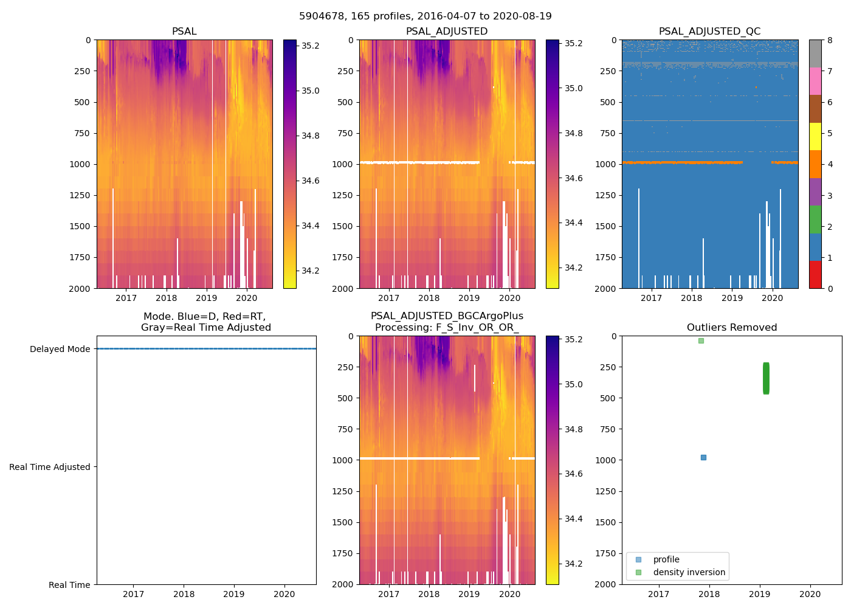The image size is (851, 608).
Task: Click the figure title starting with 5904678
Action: (x=425, y=16)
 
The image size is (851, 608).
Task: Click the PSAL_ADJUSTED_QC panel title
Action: (x=709, y=32)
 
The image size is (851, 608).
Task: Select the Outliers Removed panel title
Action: (x=731, y=328)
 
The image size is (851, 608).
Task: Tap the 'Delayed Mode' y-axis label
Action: (x=60, y=349)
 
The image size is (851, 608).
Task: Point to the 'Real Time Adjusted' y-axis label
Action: (x=50, y=467)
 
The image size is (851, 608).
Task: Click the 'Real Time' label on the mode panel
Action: (x=69, y=585)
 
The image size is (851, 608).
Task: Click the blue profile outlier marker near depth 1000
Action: (x=703, y=457)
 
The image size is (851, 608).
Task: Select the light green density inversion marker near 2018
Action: (x=701, y=340)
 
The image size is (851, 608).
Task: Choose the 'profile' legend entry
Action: (x=666, y=559)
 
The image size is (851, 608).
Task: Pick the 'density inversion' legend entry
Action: (x=689, y=572)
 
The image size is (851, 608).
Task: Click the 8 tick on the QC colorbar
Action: (x=830, y=40)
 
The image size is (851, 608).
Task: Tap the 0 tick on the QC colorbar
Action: (x=830, y=288)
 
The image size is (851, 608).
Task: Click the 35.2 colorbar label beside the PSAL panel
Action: (x=311, y=46)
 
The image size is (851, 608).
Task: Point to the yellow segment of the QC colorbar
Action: (x=815, y=137)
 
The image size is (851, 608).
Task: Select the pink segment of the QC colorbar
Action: (x=815, y=81)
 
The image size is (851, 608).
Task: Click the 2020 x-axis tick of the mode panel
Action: (x=284, y=594)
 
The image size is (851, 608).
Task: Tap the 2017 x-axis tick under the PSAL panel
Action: (x=126, y=298)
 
